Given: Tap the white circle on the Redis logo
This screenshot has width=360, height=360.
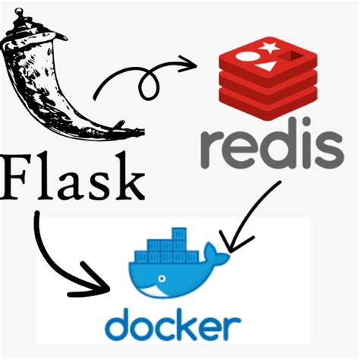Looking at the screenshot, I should (245, 55).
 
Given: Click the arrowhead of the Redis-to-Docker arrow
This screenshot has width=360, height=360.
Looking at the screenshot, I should (231, 242).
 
